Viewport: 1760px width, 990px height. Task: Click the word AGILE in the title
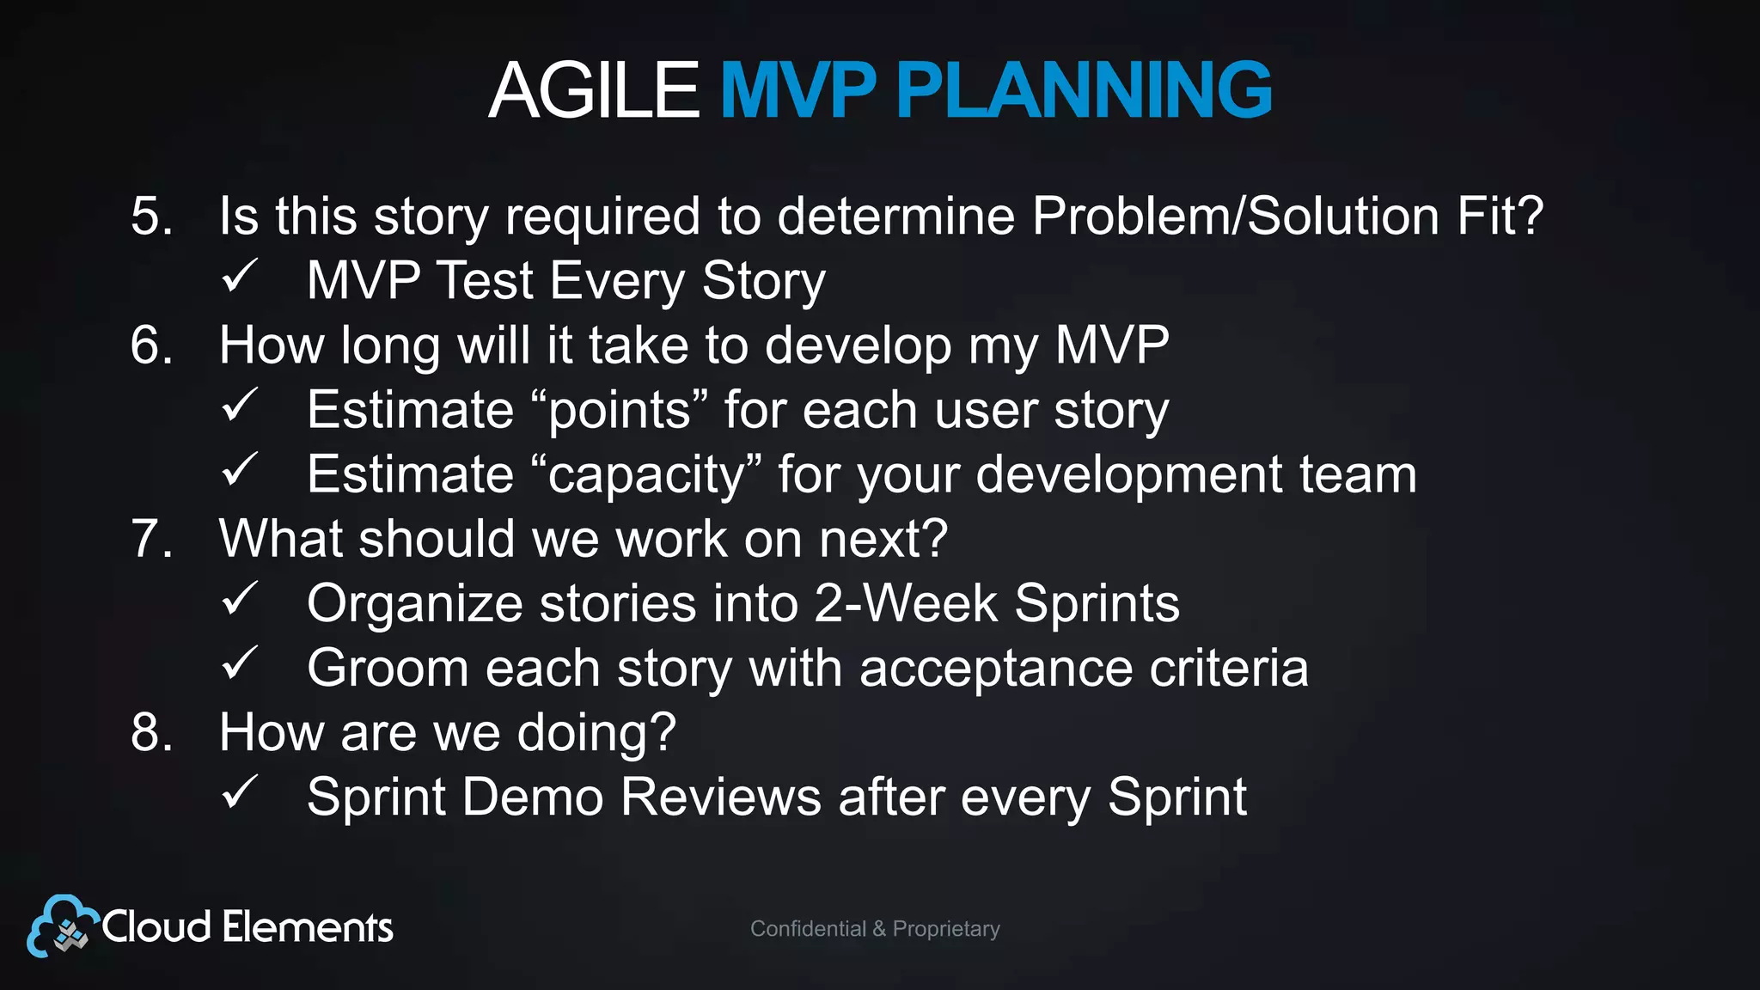click(594, 90)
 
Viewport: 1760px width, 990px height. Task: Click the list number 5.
click(151, 215)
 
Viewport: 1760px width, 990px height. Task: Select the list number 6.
click(151, 345)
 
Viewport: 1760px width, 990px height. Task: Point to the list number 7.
click(151, 539)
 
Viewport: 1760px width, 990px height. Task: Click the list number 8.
click(151, 733)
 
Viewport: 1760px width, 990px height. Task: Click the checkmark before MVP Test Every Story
click(239, 277)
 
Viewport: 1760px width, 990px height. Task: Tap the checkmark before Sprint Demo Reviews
click(239, 793)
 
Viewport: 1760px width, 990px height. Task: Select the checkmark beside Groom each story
click(239, 664)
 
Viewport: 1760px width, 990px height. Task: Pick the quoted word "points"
click(619, 410)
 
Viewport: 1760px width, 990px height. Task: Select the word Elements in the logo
click(308, 927)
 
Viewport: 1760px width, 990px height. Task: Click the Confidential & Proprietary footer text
click(875, 929)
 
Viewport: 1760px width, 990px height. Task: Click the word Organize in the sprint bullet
click(414, 603)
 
